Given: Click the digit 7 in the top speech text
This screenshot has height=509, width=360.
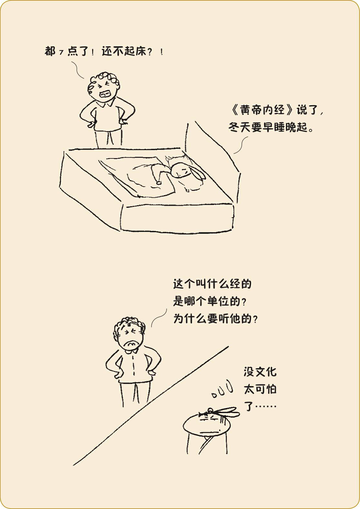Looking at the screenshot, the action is coord(61,53).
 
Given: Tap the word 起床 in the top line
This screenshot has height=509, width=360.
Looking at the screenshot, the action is coord(135,51).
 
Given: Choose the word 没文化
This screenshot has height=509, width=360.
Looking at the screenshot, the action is coord(260,372).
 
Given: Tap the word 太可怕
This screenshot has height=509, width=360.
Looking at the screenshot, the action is coord(260,389).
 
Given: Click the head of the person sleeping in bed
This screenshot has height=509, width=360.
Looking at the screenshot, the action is coord(180,170).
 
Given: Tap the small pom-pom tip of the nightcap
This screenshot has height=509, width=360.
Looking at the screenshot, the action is coord(159,182).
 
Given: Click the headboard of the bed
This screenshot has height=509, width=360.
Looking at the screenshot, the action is coord(212,163).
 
